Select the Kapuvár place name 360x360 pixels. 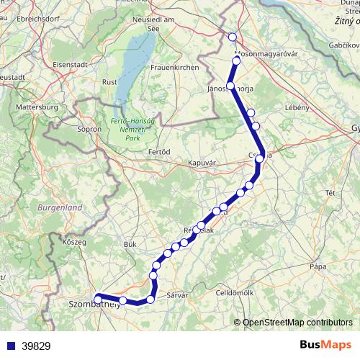[x=202, y=163]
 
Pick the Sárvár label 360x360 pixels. [x=176, y=296]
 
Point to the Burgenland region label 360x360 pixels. [x=81, y=207]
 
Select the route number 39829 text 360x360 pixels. [x=36, y=346]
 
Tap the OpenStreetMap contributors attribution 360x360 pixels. [x=297, y=323]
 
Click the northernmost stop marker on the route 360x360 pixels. [x=232, y=37]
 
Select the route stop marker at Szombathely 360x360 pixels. [x=97, y=296]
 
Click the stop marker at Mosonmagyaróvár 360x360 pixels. [x=236, y=60]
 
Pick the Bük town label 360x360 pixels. [x=130, y=245]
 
